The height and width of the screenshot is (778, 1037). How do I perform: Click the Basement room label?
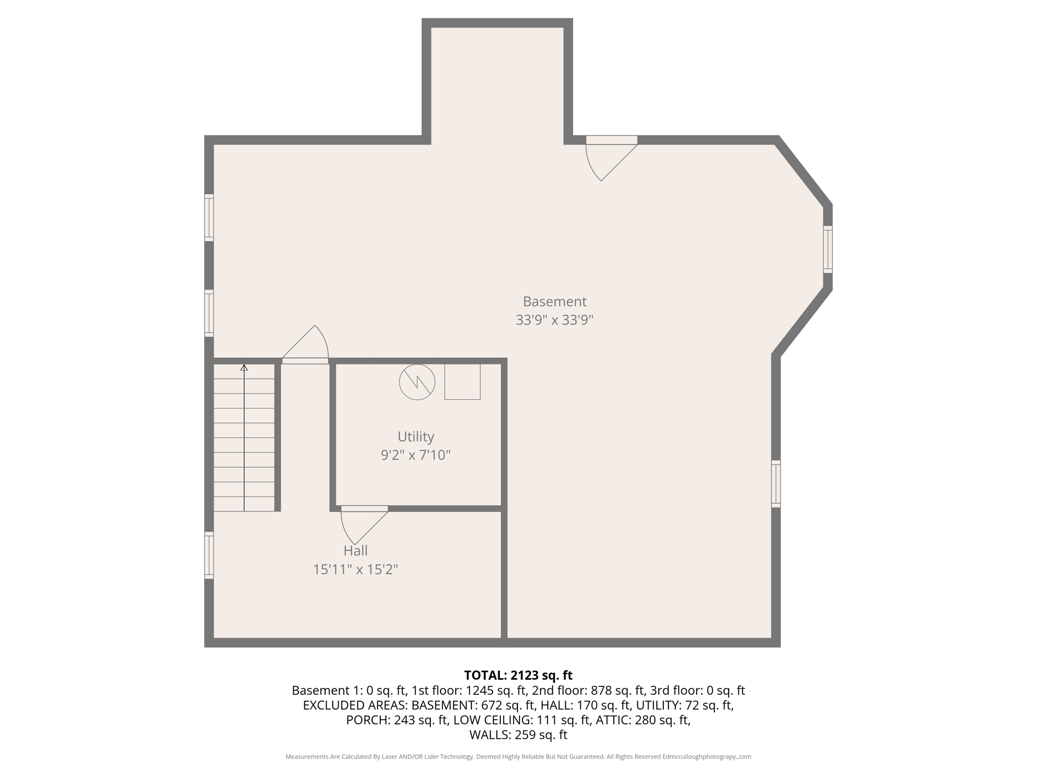click(554, 301)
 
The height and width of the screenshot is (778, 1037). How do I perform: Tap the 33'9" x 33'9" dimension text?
click(554, 320)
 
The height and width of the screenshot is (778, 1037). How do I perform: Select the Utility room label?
click(416, 437)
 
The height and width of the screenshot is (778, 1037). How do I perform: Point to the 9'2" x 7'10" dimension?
click(416, 455)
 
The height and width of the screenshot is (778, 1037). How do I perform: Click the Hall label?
click(355, 551)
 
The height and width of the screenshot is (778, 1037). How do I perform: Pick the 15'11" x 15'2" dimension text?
click(355, 569)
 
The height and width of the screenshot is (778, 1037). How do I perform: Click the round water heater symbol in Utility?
click(417, 382)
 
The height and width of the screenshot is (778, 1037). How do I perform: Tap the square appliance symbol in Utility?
click(462, 382)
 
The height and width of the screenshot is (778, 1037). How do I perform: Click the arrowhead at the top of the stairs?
click(244, 368)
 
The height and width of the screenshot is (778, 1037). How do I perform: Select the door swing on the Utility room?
click(361, 524)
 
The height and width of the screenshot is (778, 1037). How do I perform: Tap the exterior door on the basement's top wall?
click(611, 141)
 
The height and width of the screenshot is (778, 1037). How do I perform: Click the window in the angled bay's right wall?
click(827, 249)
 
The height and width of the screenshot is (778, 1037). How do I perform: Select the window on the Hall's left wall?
click(209, 555)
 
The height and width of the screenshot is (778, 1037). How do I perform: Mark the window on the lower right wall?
click(776, 484)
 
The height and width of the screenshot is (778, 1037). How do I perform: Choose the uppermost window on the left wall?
click(209, 217)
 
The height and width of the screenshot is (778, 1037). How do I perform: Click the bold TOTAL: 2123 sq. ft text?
click(518, 675)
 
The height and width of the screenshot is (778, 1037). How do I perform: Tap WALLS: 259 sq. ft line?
click(518, 735)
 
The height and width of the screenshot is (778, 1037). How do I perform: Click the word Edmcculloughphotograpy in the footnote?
click(699, 757)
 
